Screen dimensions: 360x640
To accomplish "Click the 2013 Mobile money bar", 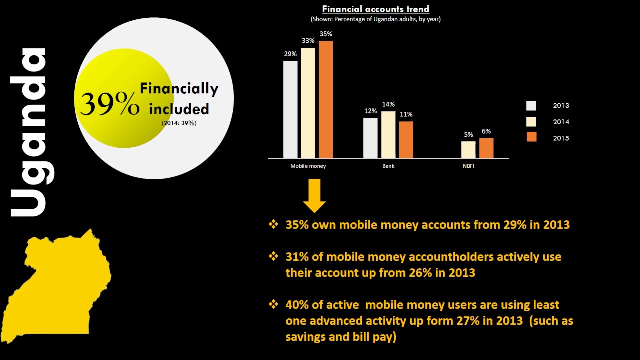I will coord(290,109).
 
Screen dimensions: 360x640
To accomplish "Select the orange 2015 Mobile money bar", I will coord(326,99).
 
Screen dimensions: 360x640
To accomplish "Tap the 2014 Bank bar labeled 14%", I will coord(388,134).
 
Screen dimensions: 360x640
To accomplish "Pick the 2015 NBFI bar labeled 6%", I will coord(486,148).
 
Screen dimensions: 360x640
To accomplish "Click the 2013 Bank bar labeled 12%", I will coord(370,138).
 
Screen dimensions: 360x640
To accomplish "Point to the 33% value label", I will coord(308,41).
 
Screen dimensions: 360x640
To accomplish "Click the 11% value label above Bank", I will coord(406,114).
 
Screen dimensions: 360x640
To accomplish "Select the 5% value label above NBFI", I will coord(468,134).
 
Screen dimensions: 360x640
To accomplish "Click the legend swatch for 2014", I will coord(531,122).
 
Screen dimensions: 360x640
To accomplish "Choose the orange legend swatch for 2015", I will coord(531,138).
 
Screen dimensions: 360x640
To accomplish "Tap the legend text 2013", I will coord(561,105).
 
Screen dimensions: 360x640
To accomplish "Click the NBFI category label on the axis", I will coord(468,166).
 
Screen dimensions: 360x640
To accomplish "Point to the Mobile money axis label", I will coord(308,166).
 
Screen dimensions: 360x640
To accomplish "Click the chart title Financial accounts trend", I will coord(375,9).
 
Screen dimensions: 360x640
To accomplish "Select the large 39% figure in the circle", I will coord(110,104).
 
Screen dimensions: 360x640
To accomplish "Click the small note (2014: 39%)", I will coord(179,123).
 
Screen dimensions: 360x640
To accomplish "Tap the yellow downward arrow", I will coord(314,197).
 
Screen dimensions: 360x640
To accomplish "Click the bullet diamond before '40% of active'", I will coord(273,304).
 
